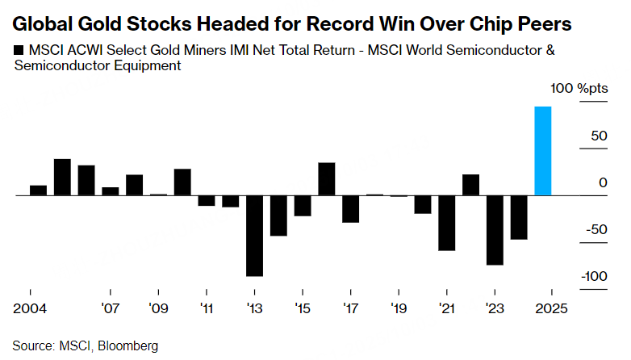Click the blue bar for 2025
543,151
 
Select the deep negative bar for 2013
255,236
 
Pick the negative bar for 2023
495,230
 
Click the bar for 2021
446,223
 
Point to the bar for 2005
62,178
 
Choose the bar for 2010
182,182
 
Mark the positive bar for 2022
470,185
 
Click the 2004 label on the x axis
30,308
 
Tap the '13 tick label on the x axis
255,308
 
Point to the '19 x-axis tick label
399,308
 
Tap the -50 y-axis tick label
597,229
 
